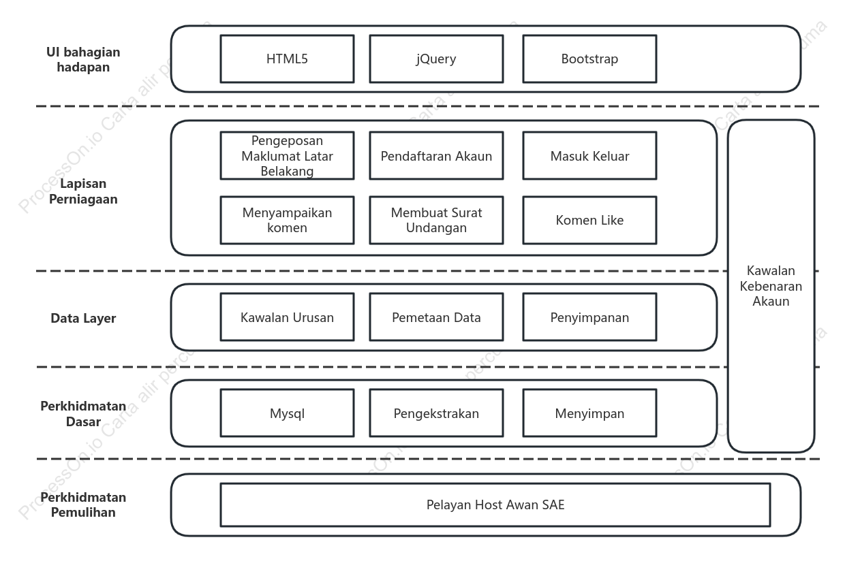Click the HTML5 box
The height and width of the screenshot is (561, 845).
point(287,59)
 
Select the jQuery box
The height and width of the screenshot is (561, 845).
point(436,59)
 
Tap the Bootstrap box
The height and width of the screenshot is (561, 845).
point(589,59)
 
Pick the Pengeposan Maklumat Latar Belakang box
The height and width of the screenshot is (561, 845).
point(287,156)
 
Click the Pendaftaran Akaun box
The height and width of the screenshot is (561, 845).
point(436,156)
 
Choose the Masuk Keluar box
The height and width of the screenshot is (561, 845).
point(589,156)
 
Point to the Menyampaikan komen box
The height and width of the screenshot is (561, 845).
point(287,220)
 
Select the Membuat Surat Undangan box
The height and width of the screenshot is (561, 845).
point(436,220)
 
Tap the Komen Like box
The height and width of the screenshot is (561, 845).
point(589,220)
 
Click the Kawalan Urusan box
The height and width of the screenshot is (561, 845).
point(287,317)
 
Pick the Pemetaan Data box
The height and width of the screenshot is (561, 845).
point(436,317)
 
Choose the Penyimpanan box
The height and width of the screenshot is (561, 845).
point(589,317)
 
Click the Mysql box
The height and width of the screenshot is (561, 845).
point(287,413)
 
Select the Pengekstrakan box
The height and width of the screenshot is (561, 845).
point(436,413)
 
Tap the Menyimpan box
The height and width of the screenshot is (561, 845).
point(589,413)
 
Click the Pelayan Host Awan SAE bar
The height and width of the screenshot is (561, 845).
point(495,505)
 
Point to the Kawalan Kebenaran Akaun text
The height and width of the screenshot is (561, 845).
point(771,286)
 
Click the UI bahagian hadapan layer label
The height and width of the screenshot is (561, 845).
point(83,59)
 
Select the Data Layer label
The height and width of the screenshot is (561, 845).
point(83,318)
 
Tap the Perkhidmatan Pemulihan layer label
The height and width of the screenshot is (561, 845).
point(83,505)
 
